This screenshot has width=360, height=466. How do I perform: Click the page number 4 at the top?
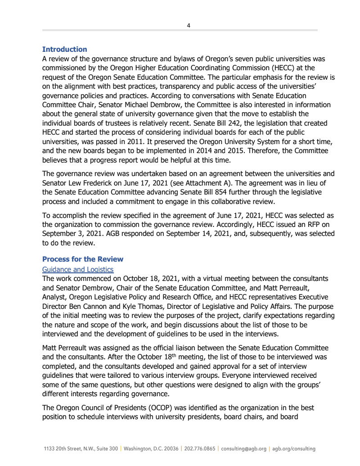point(189,26)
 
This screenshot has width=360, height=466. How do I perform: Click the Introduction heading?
point(64,50)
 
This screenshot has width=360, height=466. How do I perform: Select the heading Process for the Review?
point(82,259)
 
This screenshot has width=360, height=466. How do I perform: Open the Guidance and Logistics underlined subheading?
point(78,269)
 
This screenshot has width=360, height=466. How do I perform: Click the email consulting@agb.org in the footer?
point(243,449)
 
